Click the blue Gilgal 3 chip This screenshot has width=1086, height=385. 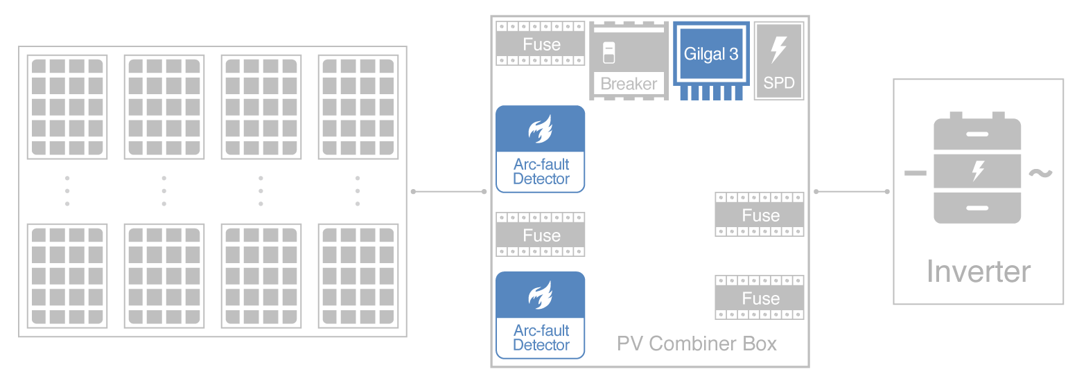click(x=711, y=55)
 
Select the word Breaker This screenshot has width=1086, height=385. click(x=629, y=84)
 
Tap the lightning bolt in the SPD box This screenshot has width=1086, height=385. click(x=779, y=51)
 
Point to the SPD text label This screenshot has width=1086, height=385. click(x=779, y=84)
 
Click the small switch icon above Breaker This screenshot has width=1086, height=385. click(x=609, y=54)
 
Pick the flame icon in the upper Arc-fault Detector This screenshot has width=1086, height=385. click(x=541, y=129)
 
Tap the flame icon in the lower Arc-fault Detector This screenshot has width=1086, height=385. click(x=541, y=296)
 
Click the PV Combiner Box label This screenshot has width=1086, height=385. click(x=697, y=343)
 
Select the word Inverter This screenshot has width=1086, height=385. click(x=978, y=271)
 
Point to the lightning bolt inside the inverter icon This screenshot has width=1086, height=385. click(x=978, y=170)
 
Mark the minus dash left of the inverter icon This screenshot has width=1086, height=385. click(x=916, y=173)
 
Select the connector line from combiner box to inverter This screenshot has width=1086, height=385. click(x=852, y=191)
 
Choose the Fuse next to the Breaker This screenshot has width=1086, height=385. click(x=541, y=44)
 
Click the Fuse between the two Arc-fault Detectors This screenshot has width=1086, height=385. click(x=541, y=235)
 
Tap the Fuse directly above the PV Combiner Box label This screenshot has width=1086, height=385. click(x=760, y=298)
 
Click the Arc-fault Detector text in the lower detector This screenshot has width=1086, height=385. click(x=541, y=338)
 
